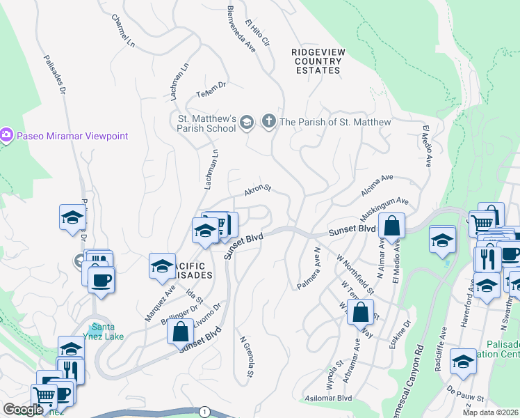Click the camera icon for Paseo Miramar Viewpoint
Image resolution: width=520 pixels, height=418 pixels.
(x=7, y=134)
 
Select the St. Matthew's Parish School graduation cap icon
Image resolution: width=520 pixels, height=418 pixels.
(x=246, y=123)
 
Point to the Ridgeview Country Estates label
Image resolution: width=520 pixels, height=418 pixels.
(x=316, y=61)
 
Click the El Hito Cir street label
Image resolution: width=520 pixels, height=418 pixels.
(x=257, y=36)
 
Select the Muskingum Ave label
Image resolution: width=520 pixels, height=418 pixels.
(x=384, y=207)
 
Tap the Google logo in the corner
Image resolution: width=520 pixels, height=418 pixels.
(x=22, y=410)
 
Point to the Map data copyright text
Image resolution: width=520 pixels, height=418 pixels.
(x=491, y=412)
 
